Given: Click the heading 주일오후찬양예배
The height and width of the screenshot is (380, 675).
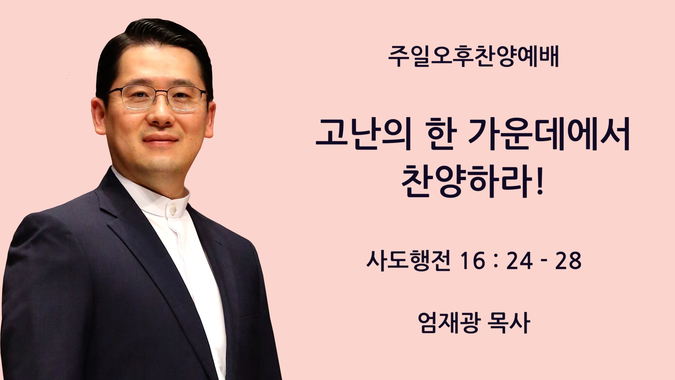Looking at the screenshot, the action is tap(473, 57).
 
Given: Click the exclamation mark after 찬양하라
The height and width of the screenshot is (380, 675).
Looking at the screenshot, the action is tap(540, 182).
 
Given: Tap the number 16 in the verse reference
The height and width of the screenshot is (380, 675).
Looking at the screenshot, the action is tap(473, 261).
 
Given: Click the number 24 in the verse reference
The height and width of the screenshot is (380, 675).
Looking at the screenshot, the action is tap(519, 261).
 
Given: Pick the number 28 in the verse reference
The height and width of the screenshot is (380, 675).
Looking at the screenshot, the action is tap(568, 261).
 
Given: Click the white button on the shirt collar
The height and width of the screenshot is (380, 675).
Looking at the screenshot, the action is tap(173, 210).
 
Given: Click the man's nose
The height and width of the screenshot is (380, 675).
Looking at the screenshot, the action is tap(161, 113).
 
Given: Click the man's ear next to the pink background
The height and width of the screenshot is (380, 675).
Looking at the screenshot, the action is tap(99, 114).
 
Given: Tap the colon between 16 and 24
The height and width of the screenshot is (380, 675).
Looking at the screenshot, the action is tap(496, 261).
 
